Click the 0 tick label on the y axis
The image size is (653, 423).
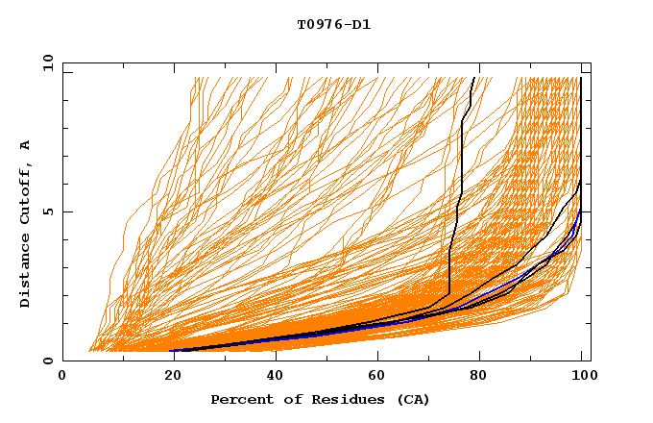pos(47,361)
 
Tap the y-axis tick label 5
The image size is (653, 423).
pos(47,211)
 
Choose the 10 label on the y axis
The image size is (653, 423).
pos(44,62)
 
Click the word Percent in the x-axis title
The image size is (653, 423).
pos(240,399)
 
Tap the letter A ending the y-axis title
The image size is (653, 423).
pos(26,145)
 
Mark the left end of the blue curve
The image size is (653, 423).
pos(173,350)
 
